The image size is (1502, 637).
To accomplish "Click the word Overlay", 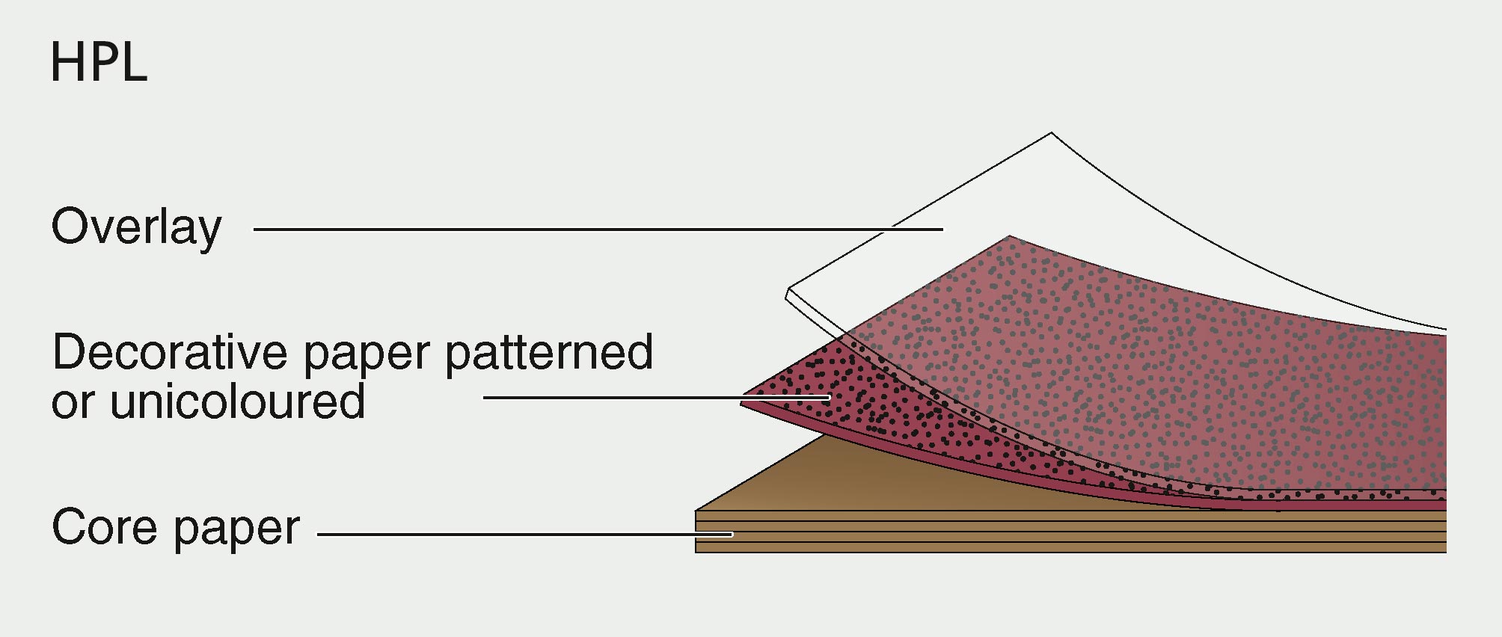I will (x=136, y=227).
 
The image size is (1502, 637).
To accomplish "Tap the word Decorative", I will (x=170, y=352).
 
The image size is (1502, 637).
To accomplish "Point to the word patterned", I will (x=549, y=352).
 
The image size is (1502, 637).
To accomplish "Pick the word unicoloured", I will (x=237, y=401).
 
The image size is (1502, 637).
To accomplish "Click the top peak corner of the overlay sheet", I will (x=1052, y=133).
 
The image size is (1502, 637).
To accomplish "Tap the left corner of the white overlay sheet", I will (x=788, y=292).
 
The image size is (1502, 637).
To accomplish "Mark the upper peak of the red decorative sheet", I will (x=1009, y=236).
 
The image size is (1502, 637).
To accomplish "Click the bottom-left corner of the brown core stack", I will (x=696, y=552).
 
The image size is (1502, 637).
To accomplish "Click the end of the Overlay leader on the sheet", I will (x=942, y=229).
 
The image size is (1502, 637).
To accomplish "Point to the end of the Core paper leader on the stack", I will (x=732, y=535).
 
